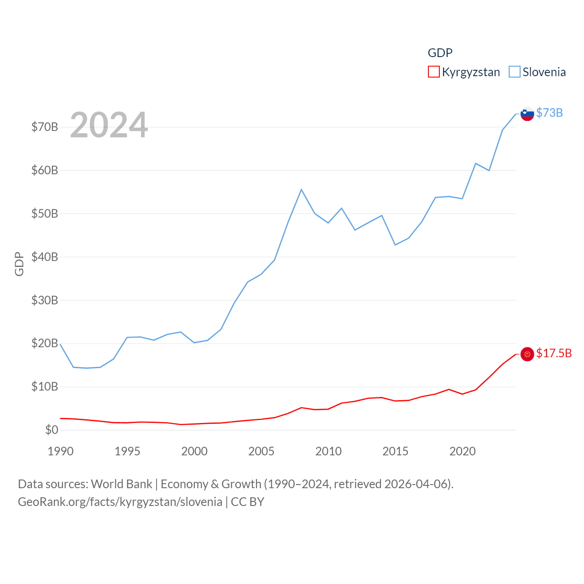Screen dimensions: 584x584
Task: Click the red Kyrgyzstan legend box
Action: [x=433, y=72]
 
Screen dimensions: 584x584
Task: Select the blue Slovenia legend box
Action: [x=514, y=72]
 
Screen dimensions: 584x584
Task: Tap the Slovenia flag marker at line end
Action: [x=527, y=114]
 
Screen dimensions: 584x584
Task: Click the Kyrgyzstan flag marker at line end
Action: [x=527, y=354]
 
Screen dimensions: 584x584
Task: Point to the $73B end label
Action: [x=549, y=113]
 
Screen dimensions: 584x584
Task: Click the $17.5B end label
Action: [x=554, y=354]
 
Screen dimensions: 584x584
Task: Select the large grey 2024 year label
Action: [x=109, y=125]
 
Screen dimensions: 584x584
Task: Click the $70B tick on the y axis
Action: [x=45, y=127]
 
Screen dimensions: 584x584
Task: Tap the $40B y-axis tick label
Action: [x=45, y=257]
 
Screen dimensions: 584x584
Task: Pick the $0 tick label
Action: [x=52, y=430]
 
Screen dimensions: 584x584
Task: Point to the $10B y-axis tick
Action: [x=45, y=387]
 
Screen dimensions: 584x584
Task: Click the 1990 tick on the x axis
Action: [x=60, y=451]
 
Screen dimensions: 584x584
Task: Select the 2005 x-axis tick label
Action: [x=261, y=451]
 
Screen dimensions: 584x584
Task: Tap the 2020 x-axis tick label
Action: [x=463, y=451]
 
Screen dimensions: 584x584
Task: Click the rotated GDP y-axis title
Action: [x=19, y=264]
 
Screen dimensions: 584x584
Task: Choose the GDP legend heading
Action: [x=440, y=53]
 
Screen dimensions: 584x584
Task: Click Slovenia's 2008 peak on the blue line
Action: [x=301, y=189]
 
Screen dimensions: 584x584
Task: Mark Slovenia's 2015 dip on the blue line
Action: [x=395, y=245]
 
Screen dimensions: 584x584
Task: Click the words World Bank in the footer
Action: [x=121, y=484]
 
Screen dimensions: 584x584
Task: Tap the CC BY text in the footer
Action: [x=247, y=502]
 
